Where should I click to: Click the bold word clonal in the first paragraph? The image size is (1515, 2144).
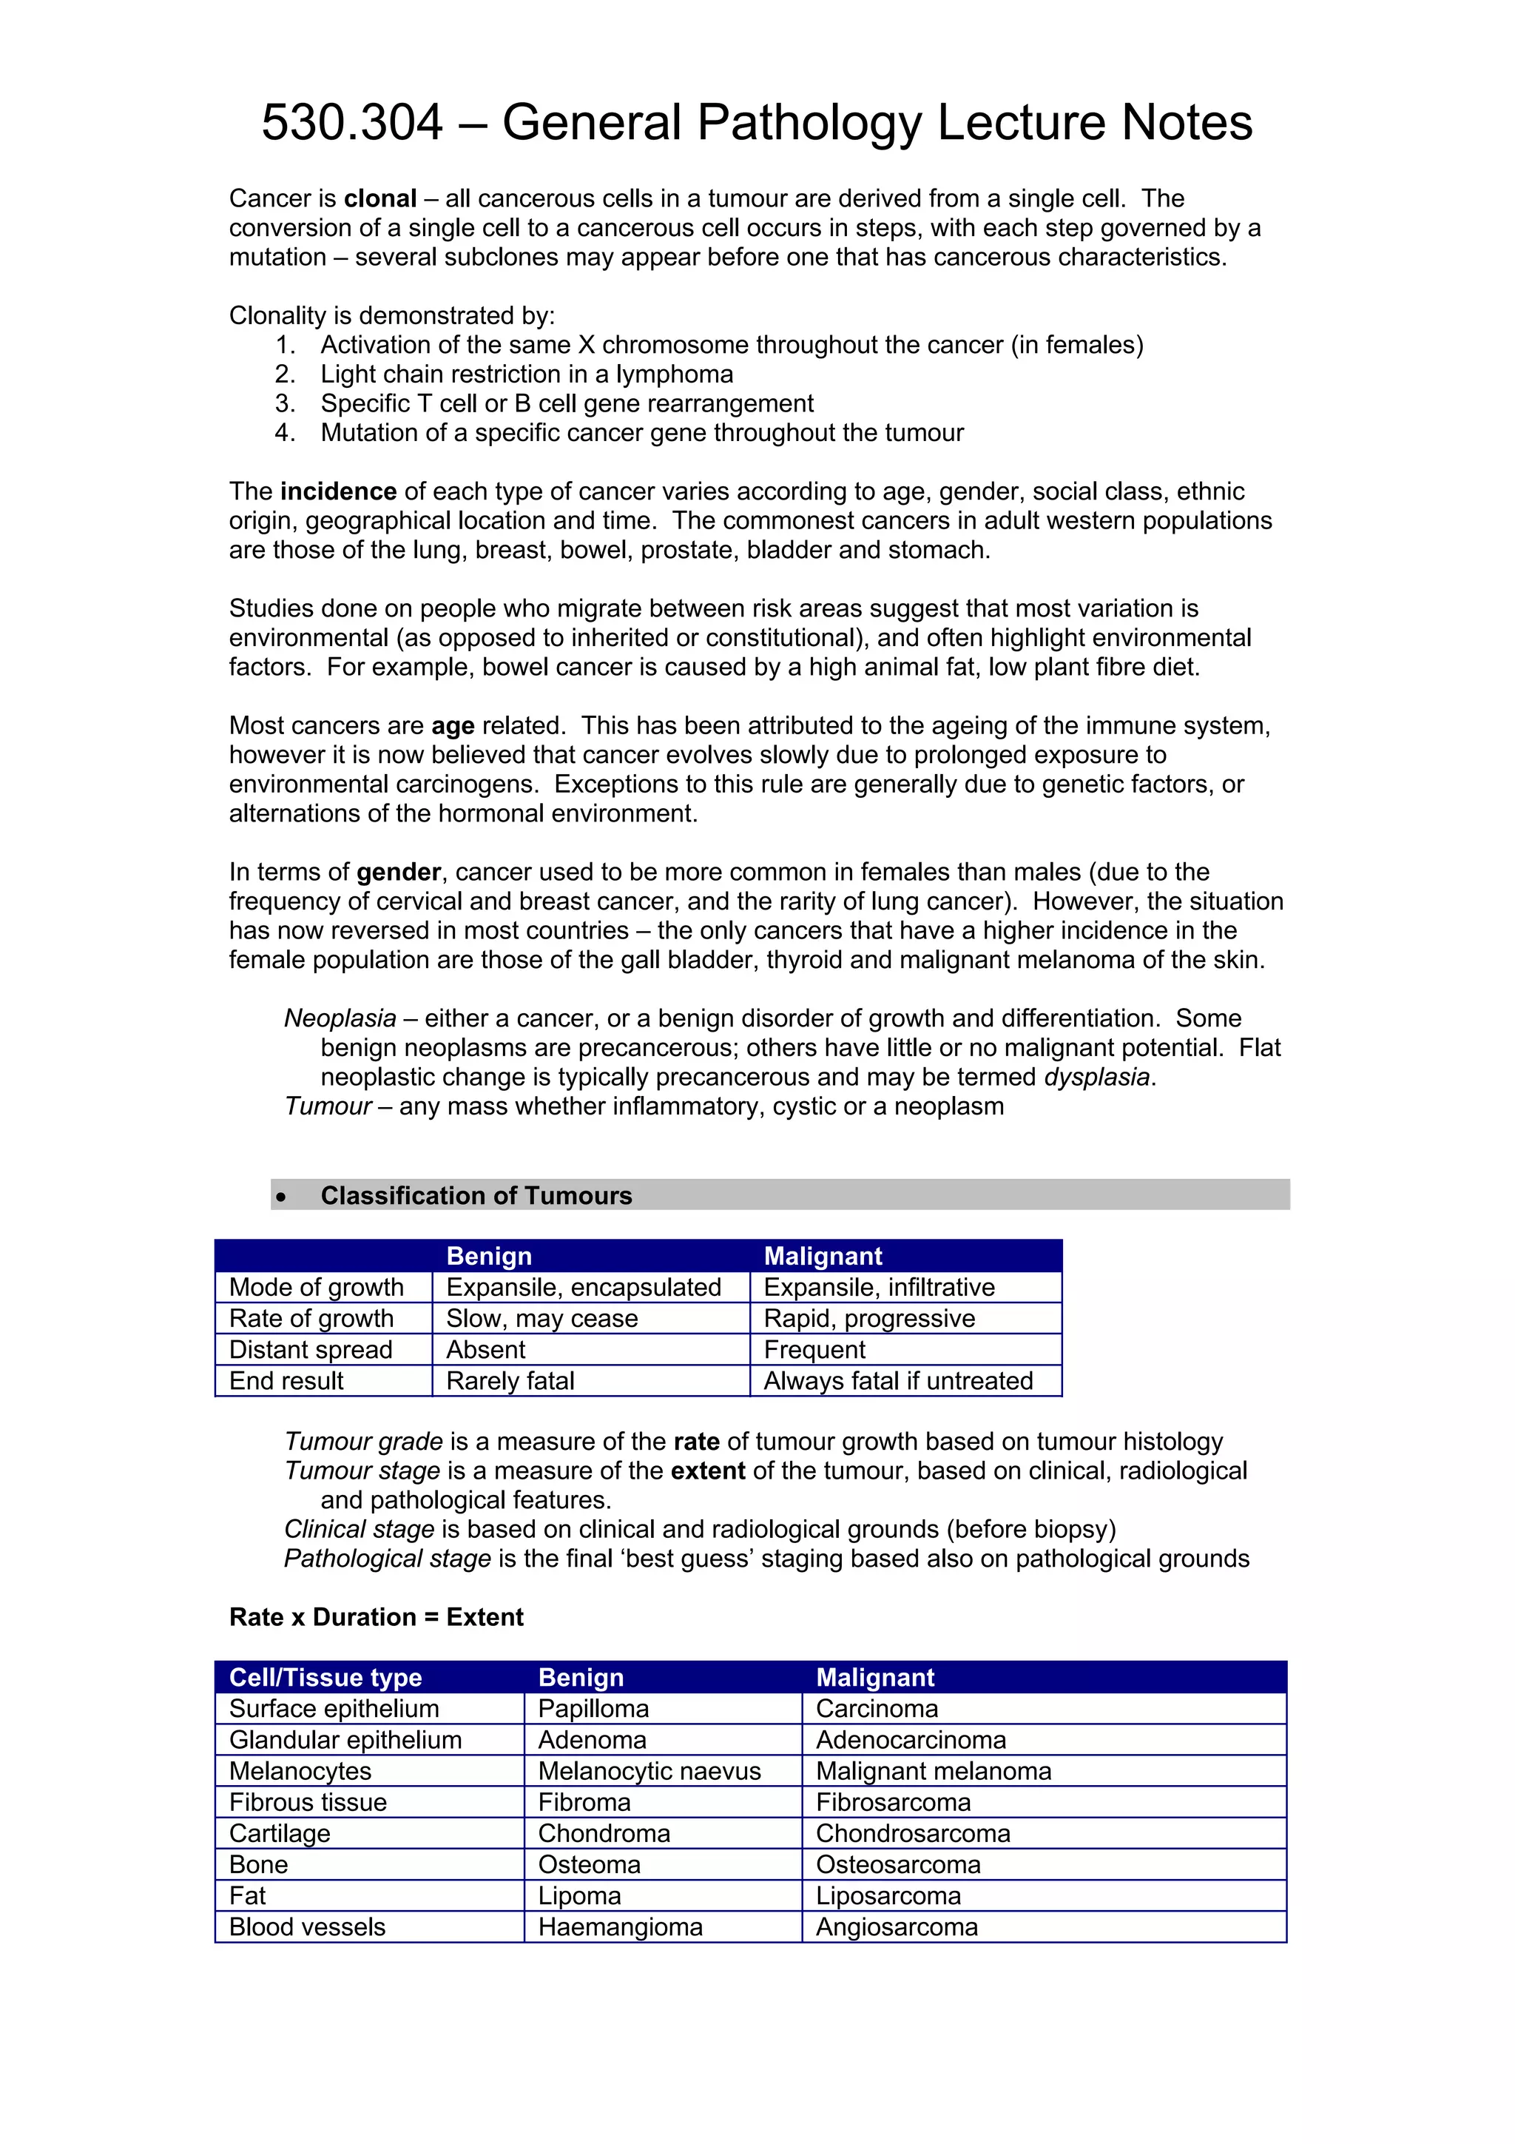380,199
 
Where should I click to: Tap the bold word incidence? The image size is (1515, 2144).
338,491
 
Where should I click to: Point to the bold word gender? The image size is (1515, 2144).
399,872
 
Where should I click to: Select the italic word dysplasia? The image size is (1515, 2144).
1096,1077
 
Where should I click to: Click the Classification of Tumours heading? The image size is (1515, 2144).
476,1195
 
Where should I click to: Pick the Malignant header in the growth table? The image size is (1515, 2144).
823,1256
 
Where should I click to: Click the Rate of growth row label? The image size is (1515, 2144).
311,1319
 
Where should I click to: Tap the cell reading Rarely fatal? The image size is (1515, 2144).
510,1381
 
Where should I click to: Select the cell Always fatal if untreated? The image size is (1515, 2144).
898,1381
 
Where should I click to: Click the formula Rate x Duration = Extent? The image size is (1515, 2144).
377,1617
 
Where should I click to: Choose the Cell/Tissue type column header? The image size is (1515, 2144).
325,1677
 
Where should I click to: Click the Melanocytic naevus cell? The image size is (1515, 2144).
649,1772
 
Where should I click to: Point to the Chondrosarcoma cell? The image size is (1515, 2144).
912,1834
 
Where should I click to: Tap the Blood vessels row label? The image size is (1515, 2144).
307,1927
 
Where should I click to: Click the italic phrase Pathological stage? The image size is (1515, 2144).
388,1559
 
